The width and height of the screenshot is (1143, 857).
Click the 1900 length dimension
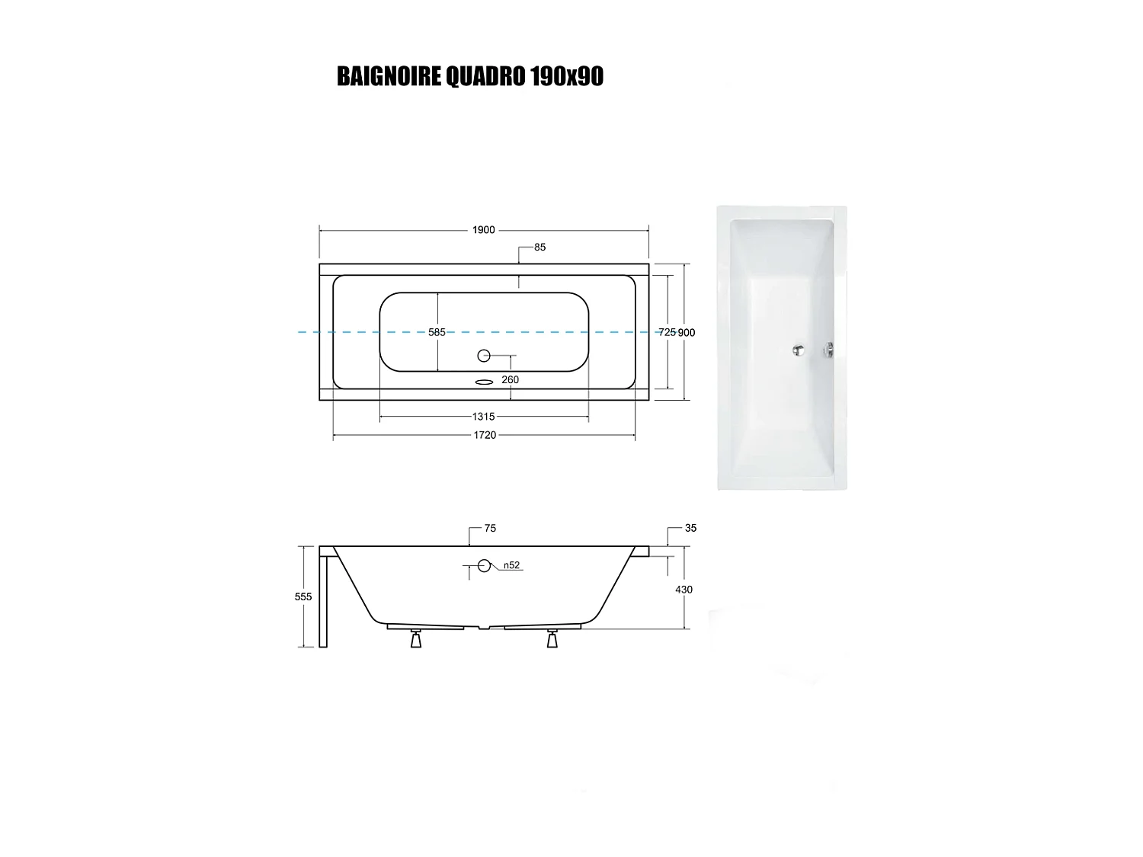484,230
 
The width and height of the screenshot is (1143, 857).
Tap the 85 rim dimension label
539,247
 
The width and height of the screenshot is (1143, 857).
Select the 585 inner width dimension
437,332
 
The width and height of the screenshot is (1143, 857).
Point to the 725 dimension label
667,332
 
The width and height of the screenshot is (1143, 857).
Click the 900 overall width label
687,332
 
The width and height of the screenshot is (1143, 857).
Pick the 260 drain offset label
510,379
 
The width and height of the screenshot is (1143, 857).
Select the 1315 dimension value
484,417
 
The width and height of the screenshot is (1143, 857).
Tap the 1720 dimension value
485,435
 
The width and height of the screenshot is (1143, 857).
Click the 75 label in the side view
490,528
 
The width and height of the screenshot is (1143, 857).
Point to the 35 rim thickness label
690,528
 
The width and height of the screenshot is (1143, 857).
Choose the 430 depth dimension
684,589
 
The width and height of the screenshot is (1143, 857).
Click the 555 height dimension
303,596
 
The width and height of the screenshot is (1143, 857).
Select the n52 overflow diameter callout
511,565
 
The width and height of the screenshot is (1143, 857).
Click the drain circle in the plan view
483,355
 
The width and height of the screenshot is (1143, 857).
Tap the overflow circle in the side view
484,565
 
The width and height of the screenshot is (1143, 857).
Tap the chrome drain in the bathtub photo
797,350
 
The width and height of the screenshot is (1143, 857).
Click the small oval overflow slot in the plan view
484,382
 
